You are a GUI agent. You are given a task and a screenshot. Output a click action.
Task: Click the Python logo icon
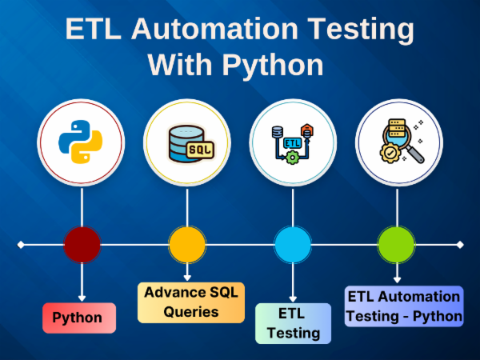point(81,142)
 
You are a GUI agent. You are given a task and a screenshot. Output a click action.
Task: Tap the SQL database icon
point(191,143)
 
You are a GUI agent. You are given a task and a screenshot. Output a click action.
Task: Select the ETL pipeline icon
point(292,143)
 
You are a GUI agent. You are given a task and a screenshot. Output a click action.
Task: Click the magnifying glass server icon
point(402,141)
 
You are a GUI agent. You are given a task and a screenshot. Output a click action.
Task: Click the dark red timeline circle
point(82,245)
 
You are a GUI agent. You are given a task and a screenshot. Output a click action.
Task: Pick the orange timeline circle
point(187,245)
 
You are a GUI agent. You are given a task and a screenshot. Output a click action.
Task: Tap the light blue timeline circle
point(293,245)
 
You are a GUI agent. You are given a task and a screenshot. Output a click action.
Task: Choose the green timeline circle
point(397,245)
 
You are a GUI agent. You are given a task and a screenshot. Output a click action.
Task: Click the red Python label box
point(79,318)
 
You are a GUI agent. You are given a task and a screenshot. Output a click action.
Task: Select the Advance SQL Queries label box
point(191,302)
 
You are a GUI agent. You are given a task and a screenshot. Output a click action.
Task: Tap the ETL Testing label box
point(294,323)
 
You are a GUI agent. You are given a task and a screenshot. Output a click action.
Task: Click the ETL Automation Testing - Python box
point(404,306)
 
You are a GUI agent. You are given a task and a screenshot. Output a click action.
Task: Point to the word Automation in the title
point(215,29)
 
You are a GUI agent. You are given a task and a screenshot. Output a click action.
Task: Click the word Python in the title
point(273,66)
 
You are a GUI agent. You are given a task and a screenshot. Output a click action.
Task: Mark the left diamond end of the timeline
point(21,245)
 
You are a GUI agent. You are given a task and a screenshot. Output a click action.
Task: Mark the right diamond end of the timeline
point(460,245)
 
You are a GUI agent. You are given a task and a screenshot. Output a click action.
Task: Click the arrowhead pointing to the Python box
point(82,298)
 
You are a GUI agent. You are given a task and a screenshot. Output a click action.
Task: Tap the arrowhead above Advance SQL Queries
point(187,278)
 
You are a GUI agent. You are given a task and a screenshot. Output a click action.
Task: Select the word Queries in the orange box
point(191,312)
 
